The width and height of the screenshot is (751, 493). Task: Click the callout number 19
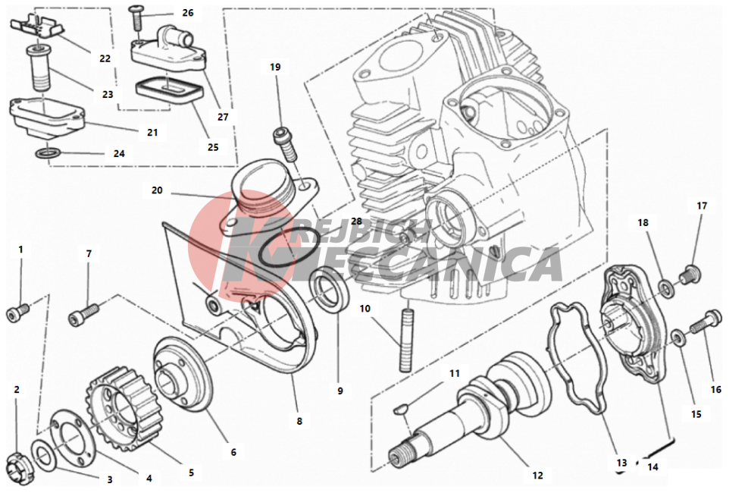(275, 68)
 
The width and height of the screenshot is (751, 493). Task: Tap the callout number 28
(356, 221)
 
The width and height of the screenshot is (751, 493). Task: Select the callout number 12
(537, 476)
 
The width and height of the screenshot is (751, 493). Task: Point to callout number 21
(152, 133)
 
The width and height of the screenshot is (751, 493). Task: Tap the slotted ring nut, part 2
(19, 465)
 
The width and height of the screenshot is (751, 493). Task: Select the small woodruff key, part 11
(400, 409)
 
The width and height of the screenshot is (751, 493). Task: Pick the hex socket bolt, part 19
(285, 143)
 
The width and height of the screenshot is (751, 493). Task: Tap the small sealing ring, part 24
(49, 154)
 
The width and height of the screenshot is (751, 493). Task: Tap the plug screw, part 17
(690, 274)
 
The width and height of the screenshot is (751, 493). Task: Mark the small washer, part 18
(665, 287)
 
